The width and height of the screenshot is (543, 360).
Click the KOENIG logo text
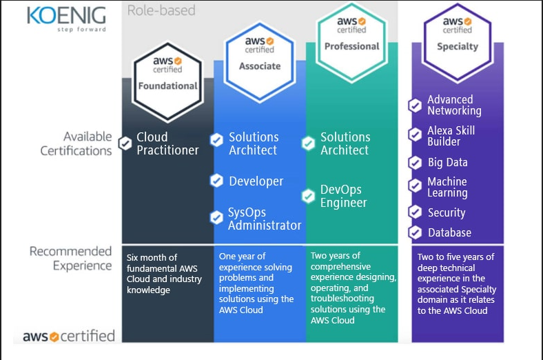pyautogui.click(x=66, y=15)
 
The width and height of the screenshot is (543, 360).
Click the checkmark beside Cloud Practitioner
pyautogui.click(x=125, y=143)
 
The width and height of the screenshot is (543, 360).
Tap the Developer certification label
pyautogui.click(x=256, y=181)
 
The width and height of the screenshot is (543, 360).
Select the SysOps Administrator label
pyautogui.click(x=265, y=219)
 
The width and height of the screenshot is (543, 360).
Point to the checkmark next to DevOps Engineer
pyautogui.click(x=309, y=197)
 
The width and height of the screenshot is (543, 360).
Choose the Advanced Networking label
pyautogui.click(x=454, y=105)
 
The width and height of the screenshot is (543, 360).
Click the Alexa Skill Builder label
pyautogui.click(x=451, y=136)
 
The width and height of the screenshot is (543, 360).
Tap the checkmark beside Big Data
pyautogui.click(x=415, y=163)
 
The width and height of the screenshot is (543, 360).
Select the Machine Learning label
pyautogui.click(x=447, y=188)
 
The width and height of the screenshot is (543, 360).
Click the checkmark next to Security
pyautogui.click(x=415, y=212)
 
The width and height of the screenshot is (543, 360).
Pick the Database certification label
pyautogui.click(x=449, y=233)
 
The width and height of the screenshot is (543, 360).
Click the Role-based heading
pyautogui.click(x=161, y=10)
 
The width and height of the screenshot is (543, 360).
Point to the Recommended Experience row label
pyautogui.click(x=70, y=259)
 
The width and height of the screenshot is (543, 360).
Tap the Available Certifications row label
pyautogui.click(x=76, y=143)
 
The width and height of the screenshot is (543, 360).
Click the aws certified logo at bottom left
pyautogui.click(x=68, y=337)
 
